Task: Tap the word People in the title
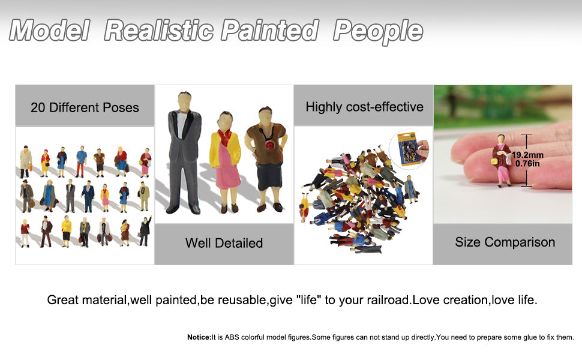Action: coord(378,31)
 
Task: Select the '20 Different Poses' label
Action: coord(85,107)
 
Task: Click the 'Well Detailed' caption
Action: coord(224,243)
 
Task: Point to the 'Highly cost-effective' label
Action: coord(364,107)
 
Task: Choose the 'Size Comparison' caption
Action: coord(505,242)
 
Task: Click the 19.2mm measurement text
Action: coord(527,155)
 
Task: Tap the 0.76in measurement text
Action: coord(527,163)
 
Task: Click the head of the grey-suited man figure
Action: coord(184,100)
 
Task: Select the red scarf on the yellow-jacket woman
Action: coord(225,137)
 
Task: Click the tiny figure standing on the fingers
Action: coord(501,160)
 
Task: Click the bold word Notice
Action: coord(199,337)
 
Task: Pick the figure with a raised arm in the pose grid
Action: coord(145,230)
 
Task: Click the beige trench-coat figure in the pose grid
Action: coord(26,162)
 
